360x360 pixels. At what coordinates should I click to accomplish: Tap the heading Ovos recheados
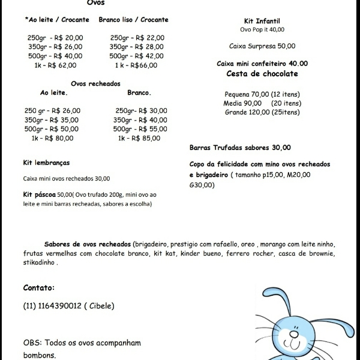(x=95, y=83)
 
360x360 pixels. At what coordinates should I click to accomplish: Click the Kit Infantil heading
(x=262, y=20)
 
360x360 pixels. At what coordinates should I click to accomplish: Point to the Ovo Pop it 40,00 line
(x=262, y=29)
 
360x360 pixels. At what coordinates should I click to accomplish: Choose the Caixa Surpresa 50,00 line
(x=262, y=46)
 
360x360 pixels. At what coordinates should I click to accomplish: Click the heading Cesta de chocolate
(x=262, y=74)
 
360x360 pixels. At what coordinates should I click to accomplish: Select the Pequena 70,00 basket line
(x=262, y=94)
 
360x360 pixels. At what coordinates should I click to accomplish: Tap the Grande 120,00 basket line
(x=262, y=112)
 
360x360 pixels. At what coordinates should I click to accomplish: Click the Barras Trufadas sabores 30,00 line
(x=240, y=148)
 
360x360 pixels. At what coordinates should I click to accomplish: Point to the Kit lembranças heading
(x=46, y=163)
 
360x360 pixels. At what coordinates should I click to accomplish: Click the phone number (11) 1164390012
(x=52, y=305)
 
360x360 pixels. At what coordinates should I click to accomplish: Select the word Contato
(x=39, y=287)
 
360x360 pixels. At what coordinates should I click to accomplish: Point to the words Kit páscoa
(x=40, y=194)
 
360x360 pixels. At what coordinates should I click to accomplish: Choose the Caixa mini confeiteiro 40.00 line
(x=262, y=63)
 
